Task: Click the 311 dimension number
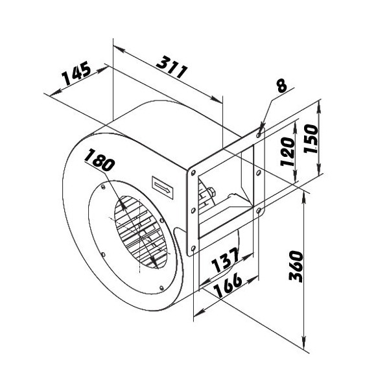tap(172, 67)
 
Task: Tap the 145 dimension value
tap(76, 73)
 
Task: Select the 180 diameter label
tap(100, 159)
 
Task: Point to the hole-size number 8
tap(282, 86)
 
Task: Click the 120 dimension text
tap(287, 151)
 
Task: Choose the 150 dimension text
tap(311, 139)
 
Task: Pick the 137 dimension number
tap(225, 261)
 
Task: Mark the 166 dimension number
tap(228, 285)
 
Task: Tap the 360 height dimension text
tap(296, 266)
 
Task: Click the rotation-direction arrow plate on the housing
tap(163, 187)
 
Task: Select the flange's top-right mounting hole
tap(259, 135)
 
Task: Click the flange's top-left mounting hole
tap(193, 172)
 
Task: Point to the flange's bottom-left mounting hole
tap(193, 248)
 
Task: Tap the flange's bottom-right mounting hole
tap(259, 211)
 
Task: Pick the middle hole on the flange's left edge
tap(193, 210)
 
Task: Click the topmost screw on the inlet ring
tap(103, 187)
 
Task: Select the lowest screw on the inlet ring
tap(161, 288)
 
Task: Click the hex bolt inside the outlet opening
tap(211, 193)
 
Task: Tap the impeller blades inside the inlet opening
tap(140, 232)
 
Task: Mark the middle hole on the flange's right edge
tap(258, 172)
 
